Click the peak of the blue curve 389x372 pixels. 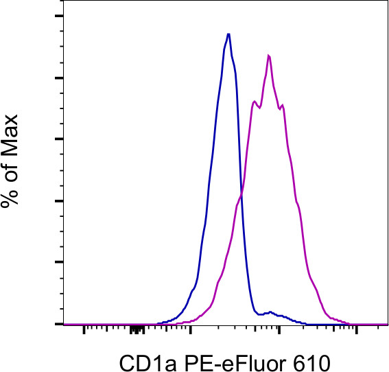228,34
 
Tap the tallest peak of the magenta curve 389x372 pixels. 269,56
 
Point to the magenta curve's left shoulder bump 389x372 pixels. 255,102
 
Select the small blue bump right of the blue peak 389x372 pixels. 272,312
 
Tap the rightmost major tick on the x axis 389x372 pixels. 357,328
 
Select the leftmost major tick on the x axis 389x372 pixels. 84,328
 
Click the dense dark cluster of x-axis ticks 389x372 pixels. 138,329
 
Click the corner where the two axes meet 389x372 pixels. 63,324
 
